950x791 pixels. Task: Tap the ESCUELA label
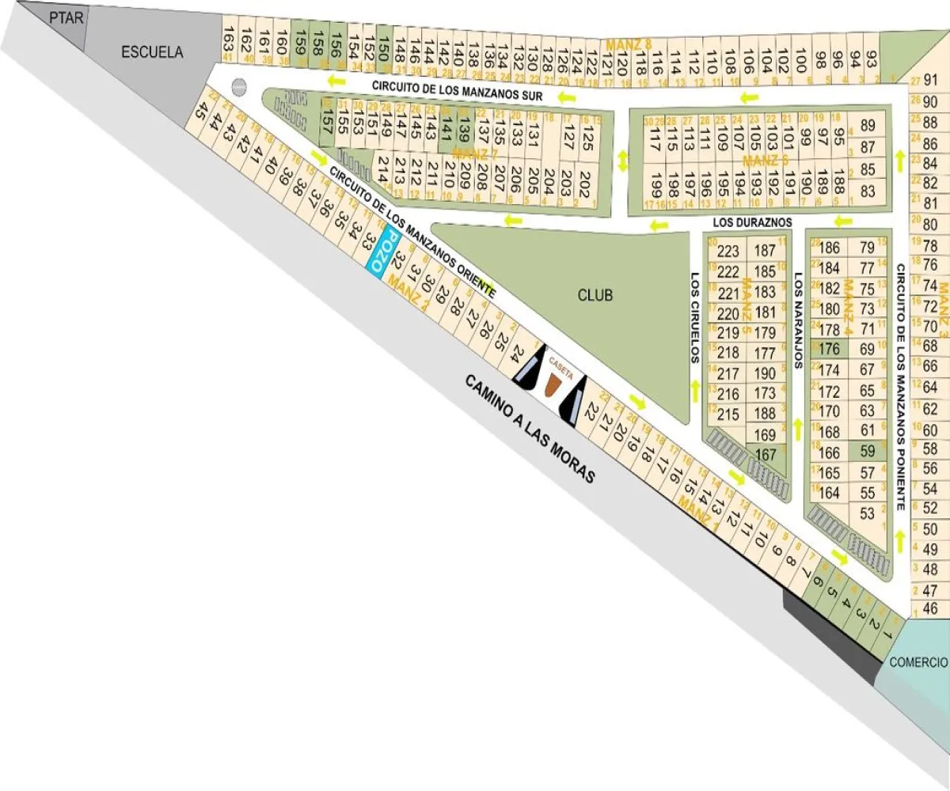pos(152,53)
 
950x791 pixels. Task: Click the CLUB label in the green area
pos(595,296)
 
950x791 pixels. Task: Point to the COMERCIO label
pos(918,662)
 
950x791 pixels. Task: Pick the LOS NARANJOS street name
pos(797,321)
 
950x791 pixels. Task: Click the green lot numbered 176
pos(829,349)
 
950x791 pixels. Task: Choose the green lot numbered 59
pos(868,451)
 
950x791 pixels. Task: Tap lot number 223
pos(726,252)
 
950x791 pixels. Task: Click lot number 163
pos(228,37)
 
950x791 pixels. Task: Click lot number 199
pos(655,190)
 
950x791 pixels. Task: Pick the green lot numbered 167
pos(766,455)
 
